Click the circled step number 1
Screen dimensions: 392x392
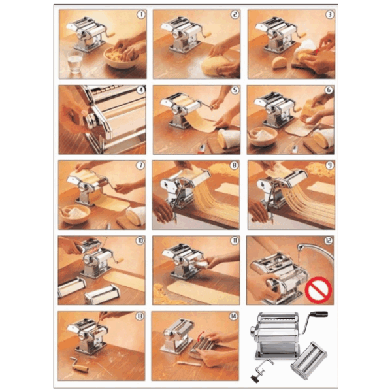(141, 15)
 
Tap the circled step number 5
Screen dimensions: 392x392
(235, 90)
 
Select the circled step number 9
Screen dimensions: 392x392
(329, 165)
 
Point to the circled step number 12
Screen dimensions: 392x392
(328, 240)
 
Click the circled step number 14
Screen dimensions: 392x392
(233, 316)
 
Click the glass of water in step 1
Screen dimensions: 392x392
(74, 62)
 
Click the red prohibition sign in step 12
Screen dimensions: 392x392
(318, 290)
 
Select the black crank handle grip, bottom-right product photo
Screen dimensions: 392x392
(319, 314)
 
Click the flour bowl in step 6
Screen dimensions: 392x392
(263, 136)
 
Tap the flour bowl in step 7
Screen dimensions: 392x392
(75, 214)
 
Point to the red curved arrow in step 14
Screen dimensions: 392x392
(201, 336)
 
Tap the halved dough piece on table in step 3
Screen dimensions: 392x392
(280, 63)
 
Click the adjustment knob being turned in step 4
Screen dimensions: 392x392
(90, 120)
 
